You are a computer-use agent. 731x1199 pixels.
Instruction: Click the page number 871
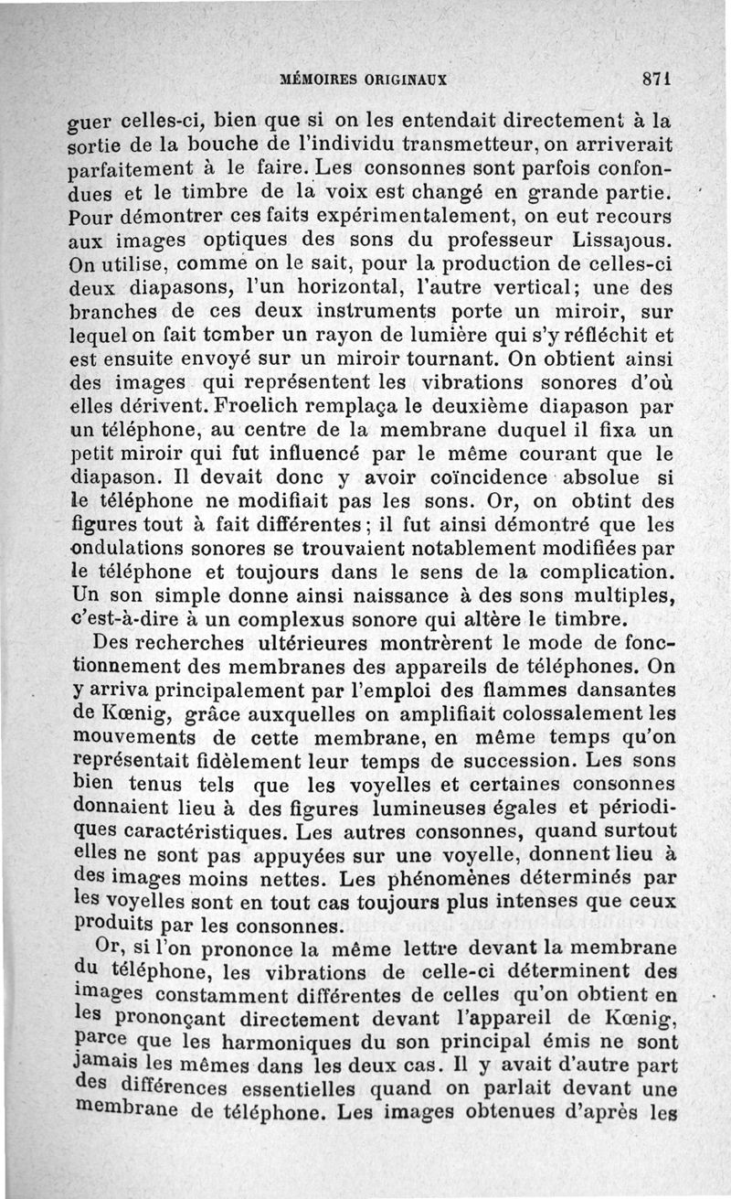pyautogui.click(x=657, y=79)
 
